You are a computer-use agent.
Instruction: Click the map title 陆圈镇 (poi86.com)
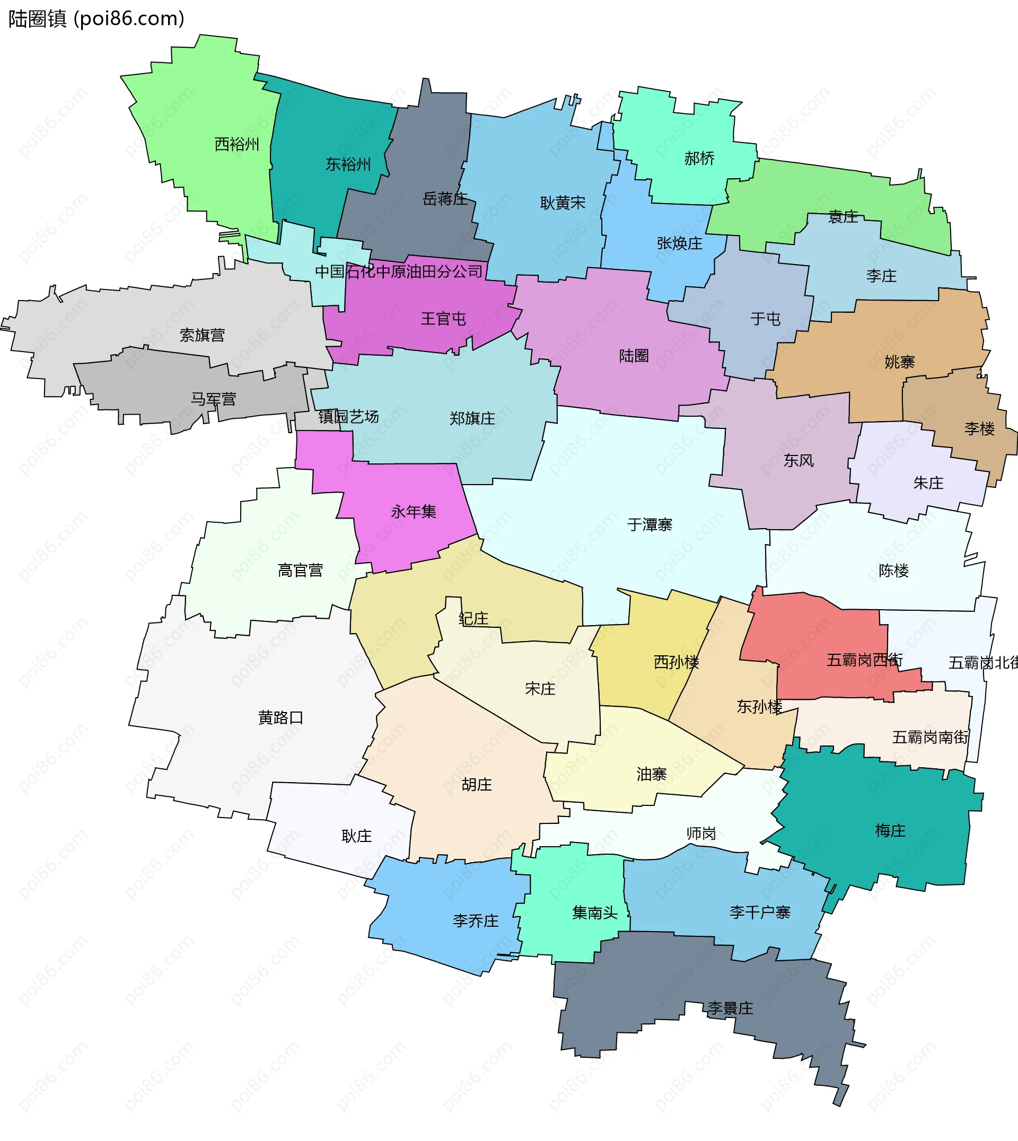(96, 19)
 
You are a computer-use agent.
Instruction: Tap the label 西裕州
(236, 144)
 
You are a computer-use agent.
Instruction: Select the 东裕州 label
(348, 164)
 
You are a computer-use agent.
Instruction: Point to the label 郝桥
(699, 159)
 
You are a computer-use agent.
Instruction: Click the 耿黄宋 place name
(562, 203)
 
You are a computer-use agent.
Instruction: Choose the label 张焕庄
(679, 243)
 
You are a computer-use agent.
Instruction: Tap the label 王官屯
(443, 319)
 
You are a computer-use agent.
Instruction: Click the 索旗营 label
(202, 335)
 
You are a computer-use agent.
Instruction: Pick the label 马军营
(213, 399)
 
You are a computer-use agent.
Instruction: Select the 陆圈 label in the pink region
(634, 356)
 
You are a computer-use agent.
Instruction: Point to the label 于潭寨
(650, 524)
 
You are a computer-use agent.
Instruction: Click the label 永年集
(414, 512)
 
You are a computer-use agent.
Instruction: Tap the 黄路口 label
(280, 717)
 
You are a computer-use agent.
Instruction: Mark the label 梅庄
(890, 831)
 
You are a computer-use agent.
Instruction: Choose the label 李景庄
(730, 1008)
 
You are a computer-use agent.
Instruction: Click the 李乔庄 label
(476, 920)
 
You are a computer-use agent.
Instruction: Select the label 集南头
(594, 913)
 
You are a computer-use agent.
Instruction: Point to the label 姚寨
(899, 363)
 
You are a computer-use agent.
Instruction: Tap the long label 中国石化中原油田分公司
(398, 272)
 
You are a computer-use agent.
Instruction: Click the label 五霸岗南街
(930, 737)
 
